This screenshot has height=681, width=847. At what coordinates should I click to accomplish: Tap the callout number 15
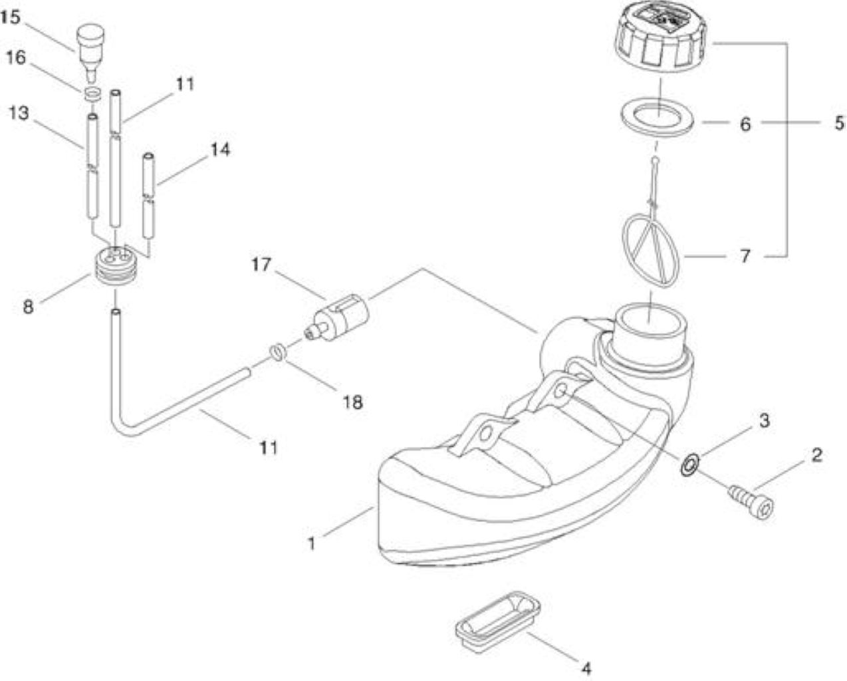(x=11, y=17)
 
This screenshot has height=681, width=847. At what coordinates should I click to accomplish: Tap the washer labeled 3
(x=689, y=465)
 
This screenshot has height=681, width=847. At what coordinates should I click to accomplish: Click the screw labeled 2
(x=751, y=502)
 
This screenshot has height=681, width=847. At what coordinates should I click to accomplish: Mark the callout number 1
(x=311, y=544)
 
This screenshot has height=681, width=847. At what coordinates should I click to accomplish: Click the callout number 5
(x=840, y=123)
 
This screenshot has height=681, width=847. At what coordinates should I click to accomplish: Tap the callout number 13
(x=19, y=113)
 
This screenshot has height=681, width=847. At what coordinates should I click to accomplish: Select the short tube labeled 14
(x=148, y=196)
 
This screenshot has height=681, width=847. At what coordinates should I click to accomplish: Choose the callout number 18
(x=352, y=402)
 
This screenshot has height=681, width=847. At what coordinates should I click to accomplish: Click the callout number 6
(x=745, y=124)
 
